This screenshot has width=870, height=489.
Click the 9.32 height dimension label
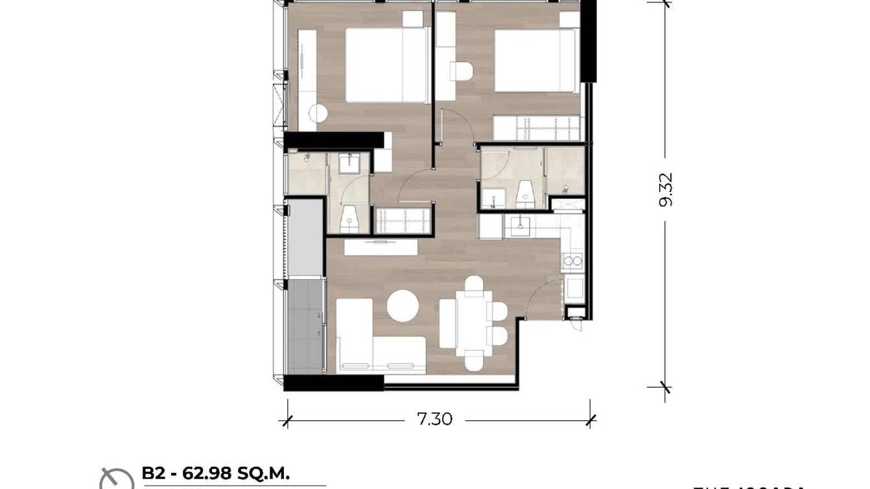point(666,189)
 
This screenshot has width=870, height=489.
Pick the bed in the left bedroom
point(386,65)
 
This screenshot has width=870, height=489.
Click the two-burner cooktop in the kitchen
point(573,261)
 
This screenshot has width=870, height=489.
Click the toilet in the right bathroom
point(525,195)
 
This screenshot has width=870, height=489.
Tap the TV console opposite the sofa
point(381,247)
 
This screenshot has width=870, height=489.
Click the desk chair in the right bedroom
point(461,71)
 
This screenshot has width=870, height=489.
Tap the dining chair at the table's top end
point(474,283)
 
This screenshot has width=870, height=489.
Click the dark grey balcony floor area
point(305,327)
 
